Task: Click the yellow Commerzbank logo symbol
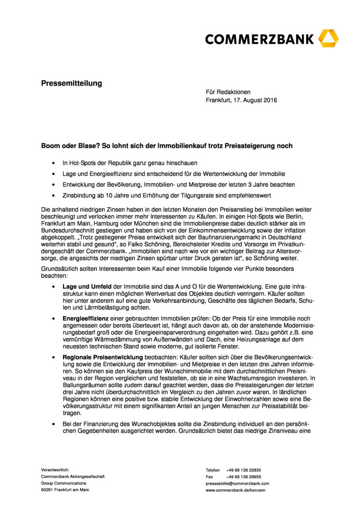[328, 39]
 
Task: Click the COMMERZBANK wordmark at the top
[259, 39]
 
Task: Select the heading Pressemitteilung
[71, 83]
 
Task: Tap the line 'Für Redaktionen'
[228, 92]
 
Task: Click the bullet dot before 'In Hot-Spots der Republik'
[53, 163]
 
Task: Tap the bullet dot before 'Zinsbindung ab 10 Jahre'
[53, 195]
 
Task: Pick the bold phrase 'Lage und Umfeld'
[87, 287]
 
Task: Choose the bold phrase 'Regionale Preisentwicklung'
[103, 357]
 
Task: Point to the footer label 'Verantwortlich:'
[55, 470]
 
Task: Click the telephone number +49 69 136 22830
[244, 470]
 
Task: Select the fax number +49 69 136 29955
[244, 477]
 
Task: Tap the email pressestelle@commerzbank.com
[237, 484]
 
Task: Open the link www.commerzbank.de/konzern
[236, 490]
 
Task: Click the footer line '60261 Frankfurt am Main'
[65, 490]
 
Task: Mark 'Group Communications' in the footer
[64, 483]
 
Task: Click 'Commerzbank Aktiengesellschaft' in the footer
[73, 476]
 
